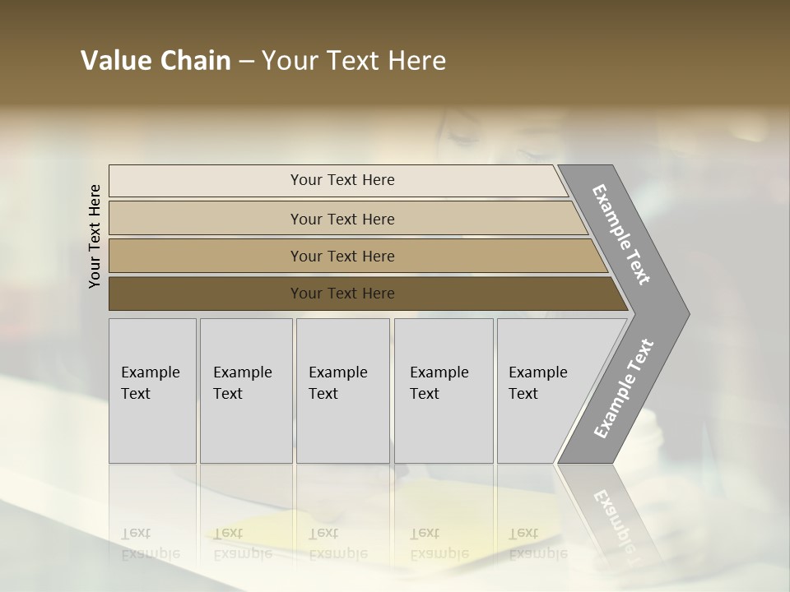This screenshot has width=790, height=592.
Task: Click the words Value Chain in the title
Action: (156, 61)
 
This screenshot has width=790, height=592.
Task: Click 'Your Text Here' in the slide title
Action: (353, 61)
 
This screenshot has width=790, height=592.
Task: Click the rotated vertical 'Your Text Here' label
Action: (95, 236)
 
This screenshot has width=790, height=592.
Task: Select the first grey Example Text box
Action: (152, 391)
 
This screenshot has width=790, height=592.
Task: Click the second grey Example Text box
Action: (245, 391)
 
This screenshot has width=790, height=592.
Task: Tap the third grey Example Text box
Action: (342, 391)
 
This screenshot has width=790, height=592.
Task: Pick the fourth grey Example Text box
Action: (443, 391)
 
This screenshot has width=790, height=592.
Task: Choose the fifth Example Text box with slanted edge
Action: (543, 391)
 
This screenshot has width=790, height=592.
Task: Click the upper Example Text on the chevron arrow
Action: (621, 234)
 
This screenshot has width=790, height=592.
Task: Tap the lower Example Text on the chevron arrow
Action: (623, 388)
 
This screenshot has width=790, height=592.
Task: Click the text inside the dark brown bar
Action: (342, 294)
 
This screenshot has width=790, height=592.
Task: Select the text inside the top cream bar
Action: (342, 180)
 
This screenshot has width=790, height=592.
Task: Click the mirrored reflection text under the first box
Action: (150, 543)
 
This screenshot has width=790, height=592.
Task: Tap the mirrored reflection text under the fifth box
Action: (537, 543)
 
